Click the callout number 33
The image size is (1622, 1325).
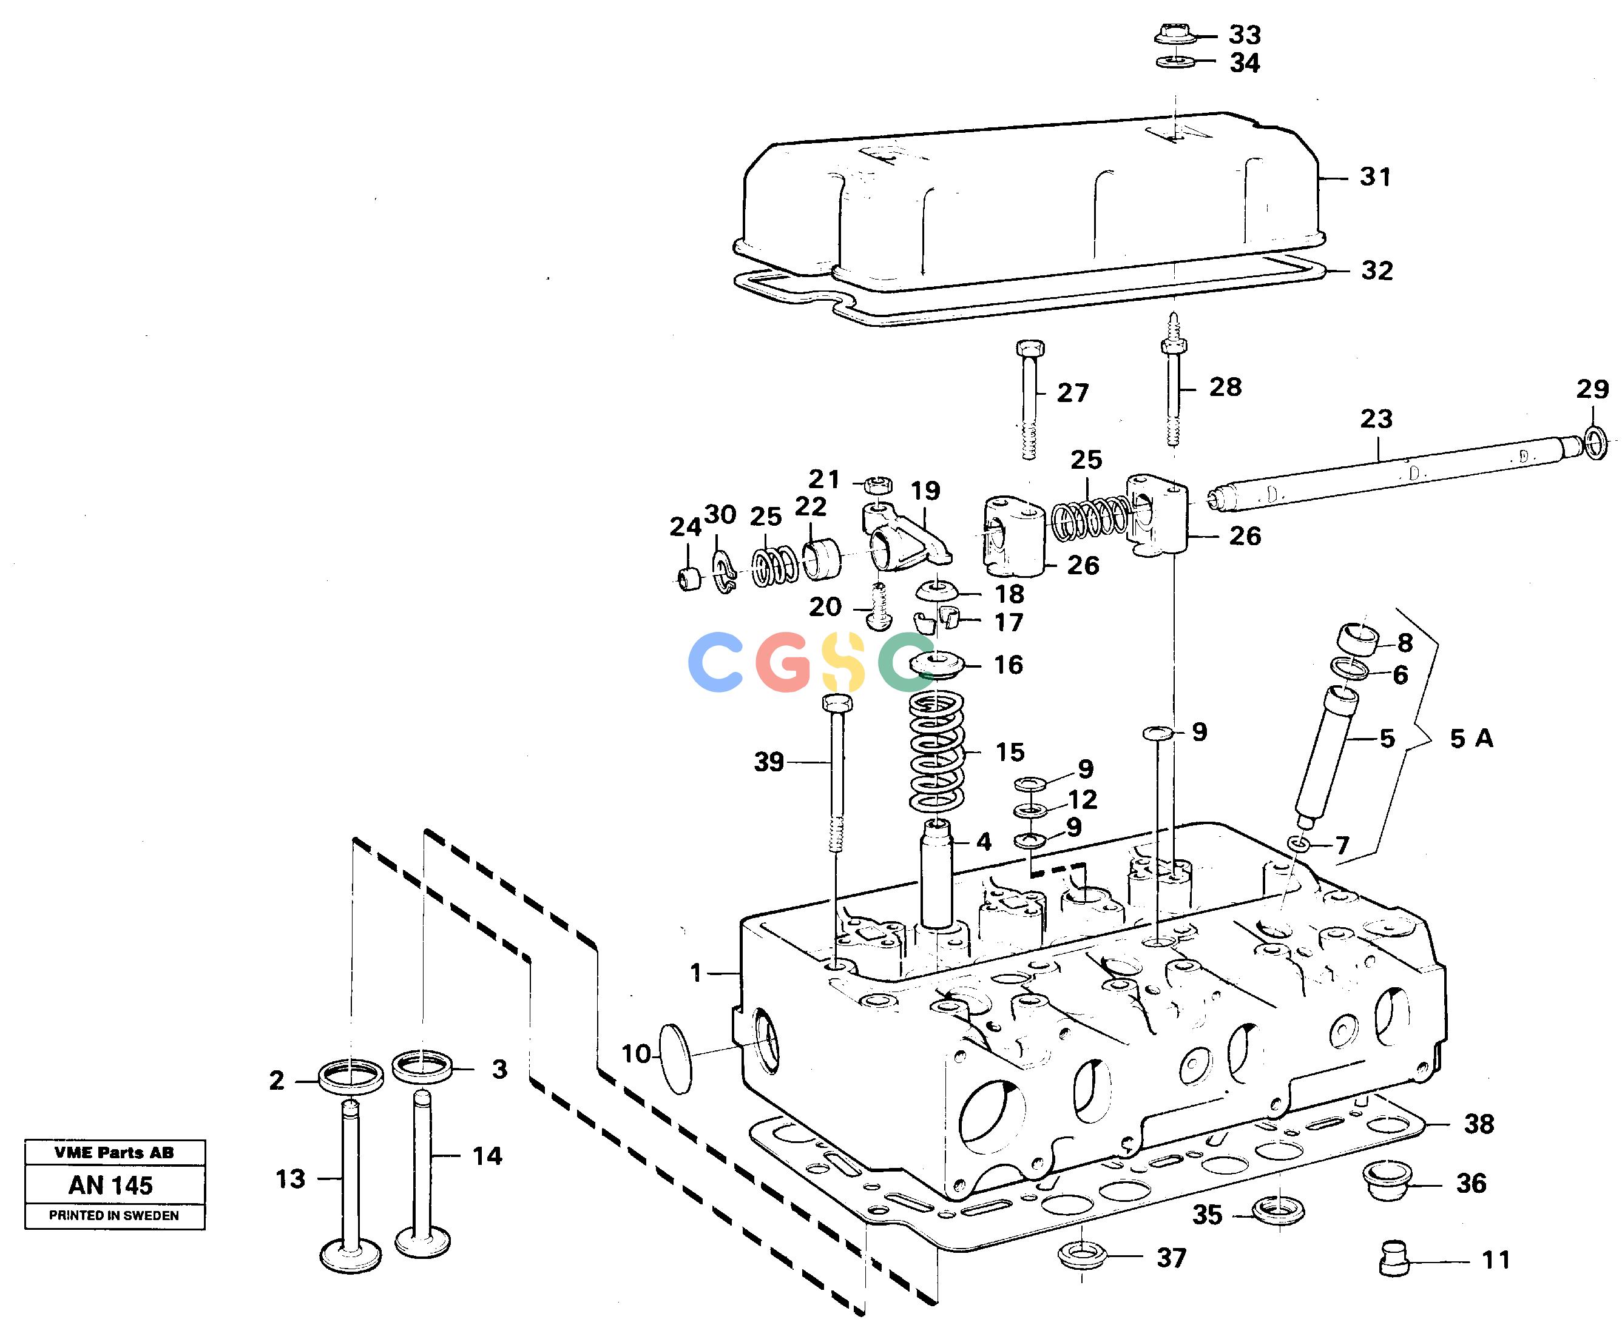tap(1244, 35)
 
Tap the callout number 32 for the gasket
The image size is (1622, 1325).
tap(1377, 270)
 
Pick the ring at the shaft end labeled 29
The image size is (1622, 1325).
tap(1595, 443)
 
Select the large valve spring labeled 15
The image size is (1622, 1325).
tap(936, 751)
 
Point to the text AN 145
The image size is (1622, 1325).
tap(110, 1186)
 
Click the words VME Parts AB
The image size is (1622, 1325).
tap(115, 1153)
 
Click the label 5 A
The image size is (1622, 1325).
tap(1472, 738)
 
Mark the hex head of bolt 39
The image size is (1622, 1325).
tap(838, 702)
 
